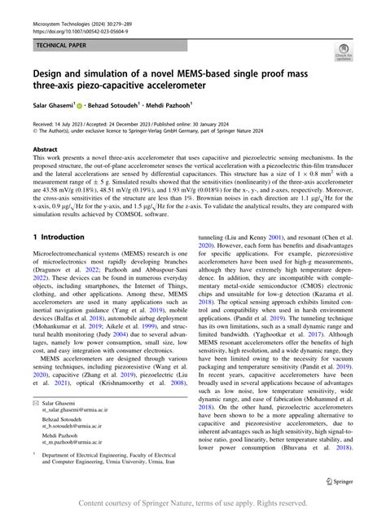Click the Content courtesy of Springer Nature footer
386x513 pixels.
tap(193, 505)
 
